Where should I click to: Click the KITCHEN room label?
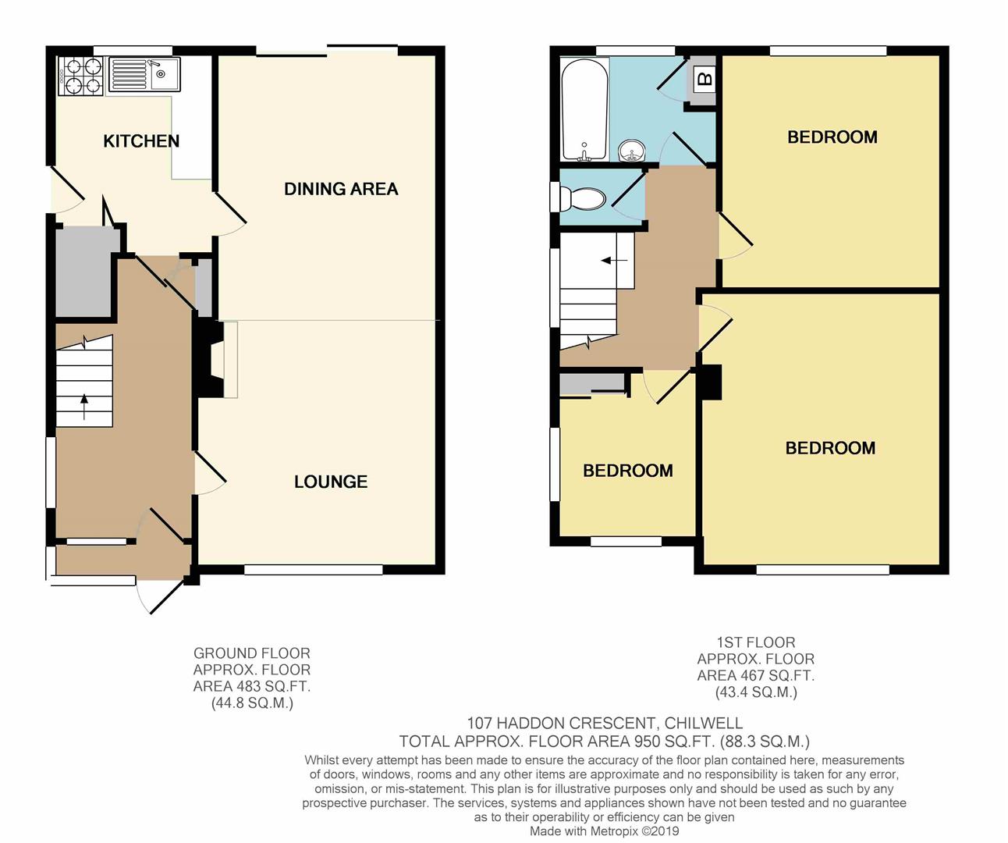pyautogui.click(x=141, y=141)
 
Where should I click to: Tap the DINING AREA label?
pyautogui.click(x=341, y=189)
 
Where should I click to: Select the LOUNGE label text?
pyautogui.click(x=331, y=482)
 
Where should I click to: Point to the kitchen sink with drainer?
pyautogui.click(x=144, y=75)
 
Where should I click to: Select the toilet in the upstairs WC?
pyautogui.click(x=584, y=198)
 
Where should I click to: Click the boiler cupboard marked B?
pyautogui.click(x=704, y=80)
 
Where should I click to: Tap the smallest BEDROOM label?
pyautogui.click(x=628, y=471)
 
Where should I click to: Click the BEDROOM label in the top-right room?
pyautogui.click(x=832, y=137)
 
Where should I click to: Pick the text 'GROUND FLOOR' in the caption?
pyautogui.click(x=252, y=653)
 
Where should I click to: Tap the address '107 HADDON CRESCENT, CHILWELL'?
pyautogui.click(x=605, y=724)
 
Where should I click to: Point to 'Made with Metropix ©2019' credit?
pyautogui.click(x=605, y=831)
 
